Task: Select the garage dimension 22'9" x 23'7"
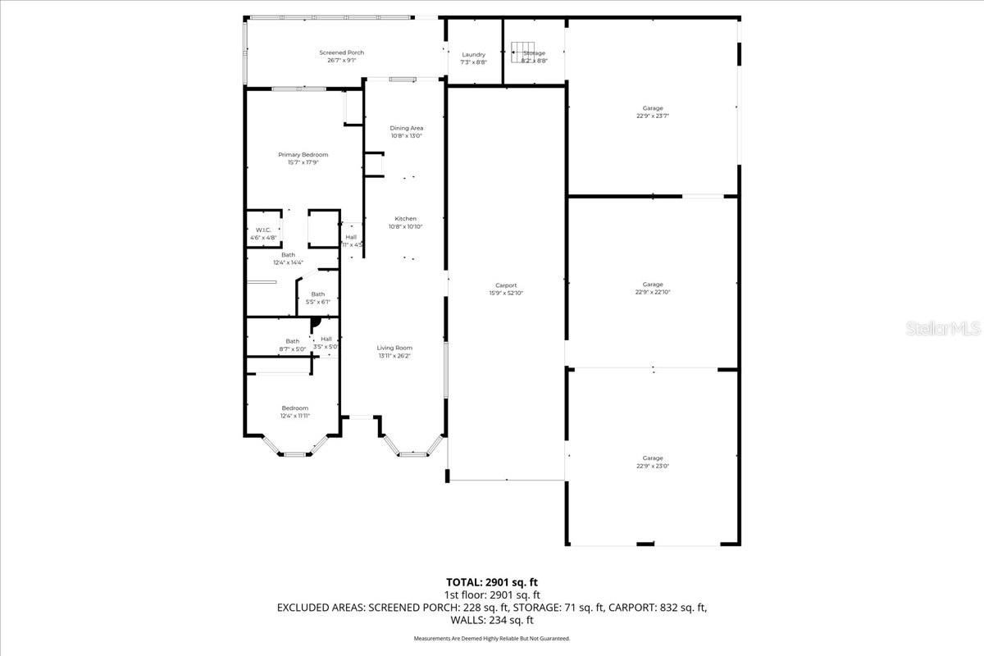[x=653, y=116]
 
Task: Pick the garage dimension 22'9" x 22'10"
[x=653, y=292]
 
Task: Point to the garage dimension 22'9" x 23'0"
[x=653, y=466]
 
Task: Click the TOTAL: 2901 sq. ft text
[x=492, y=582]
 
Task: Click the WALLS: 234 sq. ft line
[x=492, y=620]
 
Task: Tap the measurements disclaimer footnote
[x=492, y=638]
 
